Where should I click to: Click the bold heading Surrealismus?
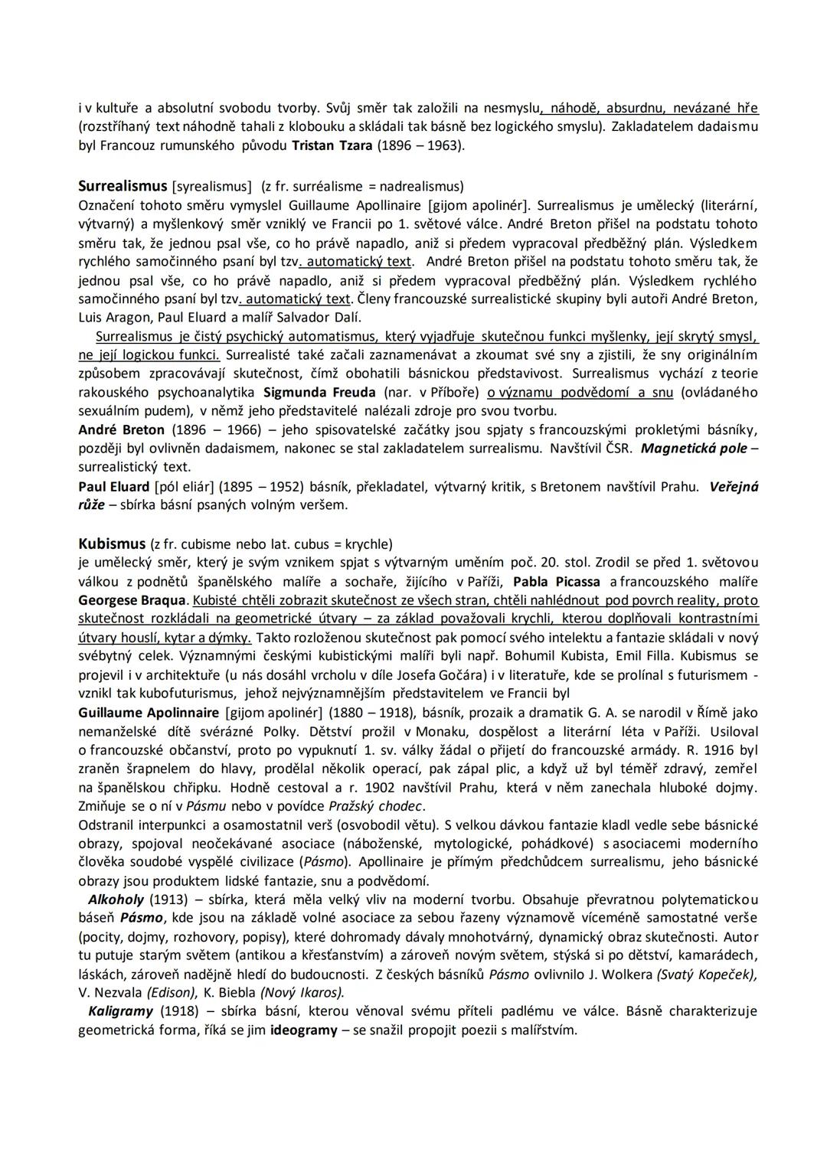coord(123,186)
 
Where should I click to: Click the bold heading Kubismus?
coord(112,544)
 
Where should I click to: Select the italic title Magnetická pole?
coord(693,449)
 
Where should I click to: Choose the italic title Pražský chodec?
coord(375,806)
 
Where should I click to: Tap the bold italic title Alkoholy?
coord(116,900)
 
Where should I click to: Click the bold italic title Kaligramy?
coord(121,1011)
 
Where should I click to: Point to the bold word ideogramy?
coord(303,1030)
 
